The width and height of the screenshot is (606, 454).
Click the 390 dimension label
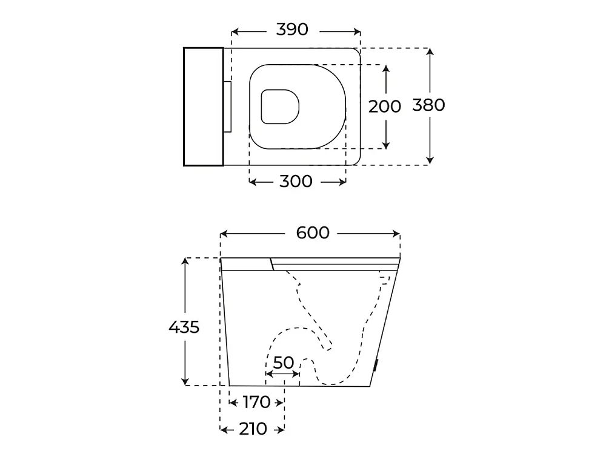pyautogui.click(x=292, y=29)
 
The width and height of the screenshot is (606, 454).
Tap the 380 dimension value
pyautogui.click(x=428, y=105)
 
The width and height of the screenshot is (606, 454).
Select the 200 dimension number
pyautogui.click(x=385, y=107)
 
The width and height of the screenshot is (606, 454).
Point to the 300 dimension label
pyautogui.click(x=296, y=182)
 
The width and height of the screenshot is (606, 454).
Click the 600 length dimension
pyautogui.click(x=313, y=233)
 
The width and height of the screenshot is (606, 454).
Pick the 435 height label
pyautogui.click(x=184, y=327)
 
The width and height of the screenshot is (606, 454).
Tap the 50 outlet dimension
pyautogui.click(x=283, y=363)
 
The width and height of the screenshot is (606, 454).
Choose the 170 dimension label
pyautogui.click(x=256, y=403)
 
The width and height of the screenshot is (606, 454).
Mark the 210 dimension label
pyautogui.click(x=253, y=429)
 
